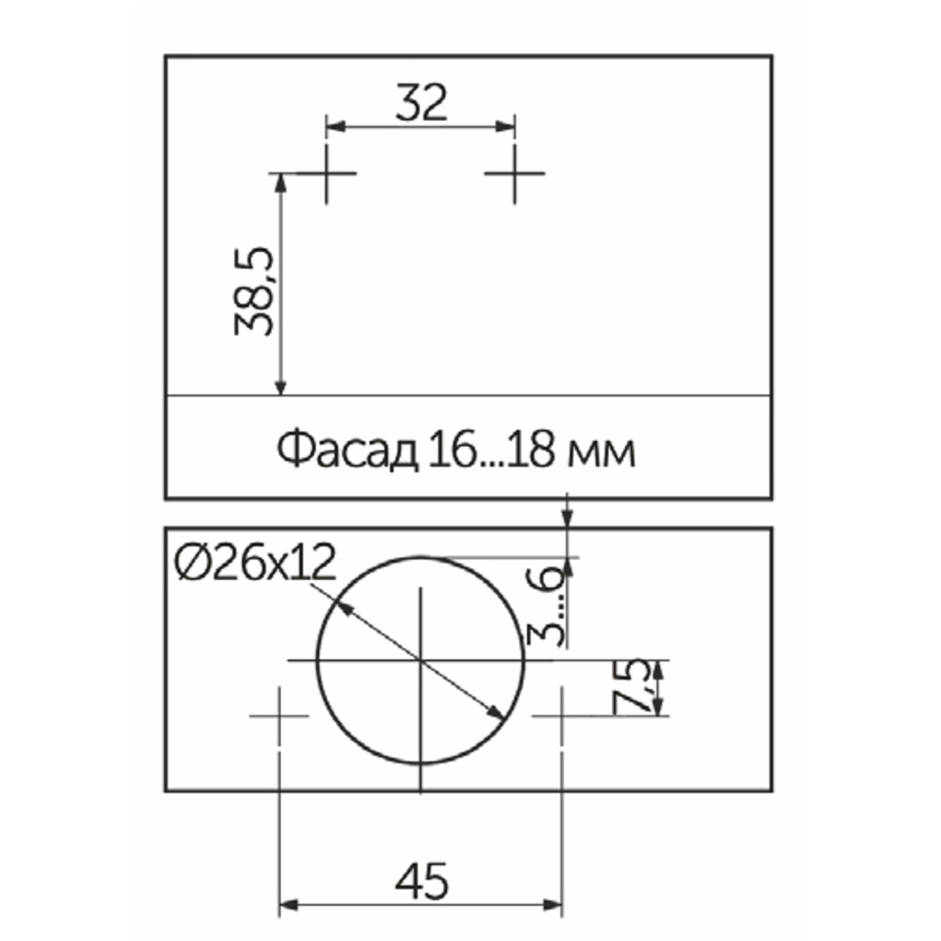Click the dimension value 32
click(x=421, y=103)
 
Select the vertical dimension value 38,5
click(x=255, y=291)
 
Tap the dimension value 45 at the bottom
click(x=421, y=881)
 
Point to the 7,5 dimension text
click(x=631, y=686)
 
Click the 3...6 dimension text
click(x=545, y=605)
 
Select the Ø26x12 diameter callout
click(x=255, y=563)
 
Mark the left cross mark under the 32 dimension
click(x=327, y=173)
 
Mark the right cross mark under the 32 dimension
click(x=515, y=173)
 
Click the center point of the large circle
click(x=420, y=661)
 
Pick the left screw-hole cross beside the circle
click(x=279, y=716)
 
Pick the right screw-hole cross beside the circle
click(x=561, y=716)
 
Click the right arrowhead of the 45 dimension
click(x=554, y=905)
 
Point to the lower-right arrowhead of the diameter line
click(x=496, y=713)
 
